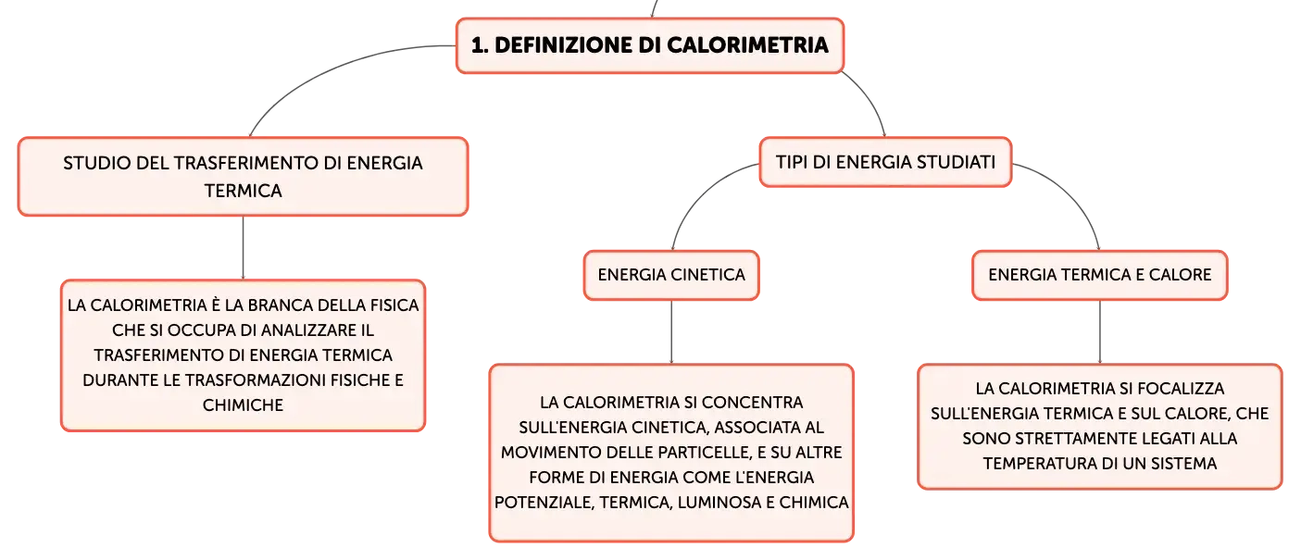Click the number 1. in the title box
(x=479, y=45)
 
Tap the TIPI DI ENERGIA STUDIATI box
(x=885, y=162)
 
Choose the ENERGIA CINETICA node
(x=671, y=275)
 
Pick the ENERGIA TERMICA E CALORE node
(x=1099, y=275)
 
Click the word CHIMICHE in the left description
(x=243, y=405)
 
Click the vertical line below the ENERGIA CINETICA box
(x=671, y=332)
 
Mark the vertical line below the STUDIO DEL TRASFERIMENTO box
(x=243, y=248)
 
